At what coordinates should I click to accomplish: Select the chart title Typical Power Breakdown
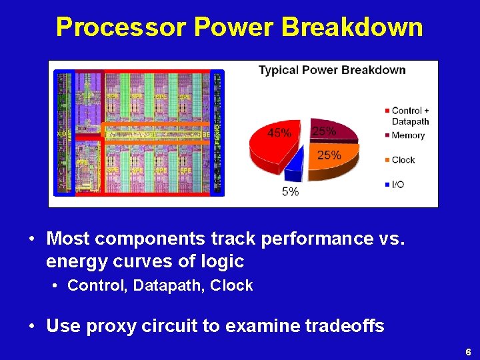[x=332, y=70]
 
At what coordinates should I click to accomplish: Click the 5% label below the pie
[x=291, y=192]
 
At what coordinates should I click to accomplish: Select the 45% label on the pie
[x=279, y=133]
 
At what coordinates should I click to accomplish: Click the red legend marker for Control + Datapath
[x=387, y=111]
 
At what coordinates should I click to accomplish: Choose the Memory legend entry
[x=408, y=135]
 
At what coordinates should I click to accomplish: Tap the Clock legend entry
[x=403, y=160]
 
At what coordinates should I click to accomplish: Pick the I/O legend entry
[x=398, y=184]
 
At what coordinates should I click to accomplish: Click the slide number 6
[x=468, y=351]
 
